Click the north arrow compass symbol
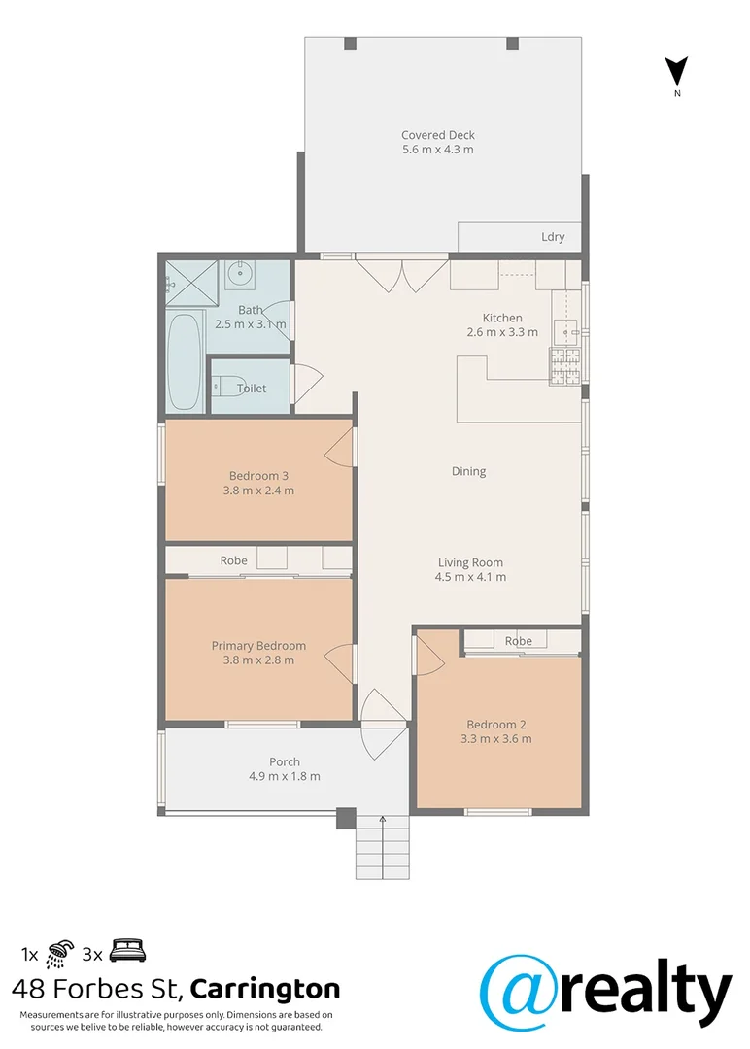point(677,72)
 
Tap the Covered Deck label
point(438,135)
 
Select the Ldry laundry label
point(553,237)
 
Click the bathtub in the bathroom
point(185,363)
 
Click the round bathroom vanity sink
point(239,275)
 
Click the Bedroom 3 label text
point(258,475)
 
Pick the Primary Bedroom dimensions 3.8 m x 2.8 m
point(258,660)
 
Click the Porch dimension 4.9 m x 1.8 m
point(285,776)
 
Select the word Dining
point(468,471)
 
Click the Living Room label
point(470,562)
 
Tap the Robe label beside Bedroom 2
point(519,641)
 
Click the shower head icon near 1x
point(60,949)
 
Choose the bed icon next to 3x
point(126,949)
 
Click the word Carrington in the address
point(265,990)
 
